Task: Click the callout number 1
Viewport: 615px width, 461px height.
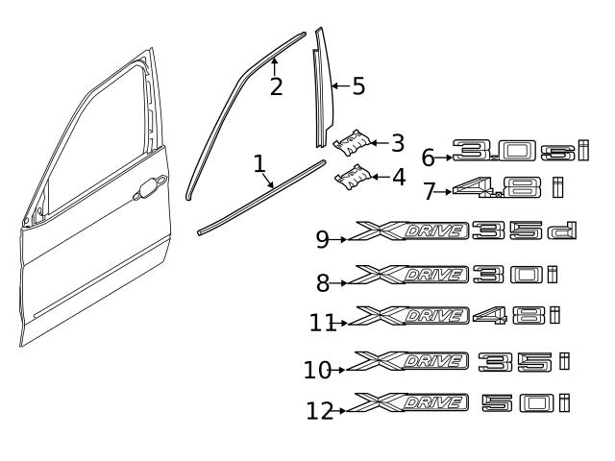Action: pos(259,164)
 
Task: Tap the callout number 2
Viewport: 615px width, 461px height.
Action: pos(276,86)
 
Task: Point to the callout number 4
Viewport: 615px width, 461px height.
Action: pos(397,177)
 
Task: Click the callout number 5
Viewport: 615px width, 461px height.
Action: pos(357,86)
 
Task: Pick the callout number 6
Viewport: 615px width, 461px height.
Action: pos(429,157)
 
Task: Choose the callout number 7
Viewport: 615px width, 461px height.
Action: pos(430,191)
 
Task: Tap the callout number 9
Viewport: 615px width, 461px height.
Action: pos(323,238)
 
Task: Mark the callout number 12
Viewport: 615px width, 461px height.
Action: pos(320,410)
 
